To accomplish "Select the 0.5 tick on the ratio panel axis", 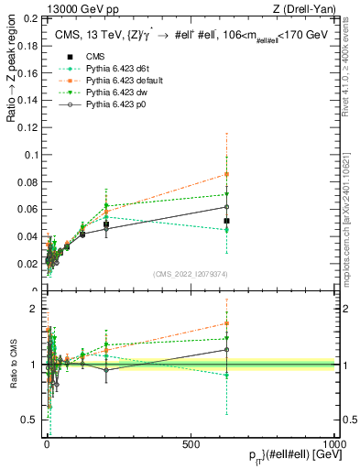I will (29, 420).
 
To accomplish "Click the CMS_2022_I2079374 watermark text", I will (191, 272).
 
